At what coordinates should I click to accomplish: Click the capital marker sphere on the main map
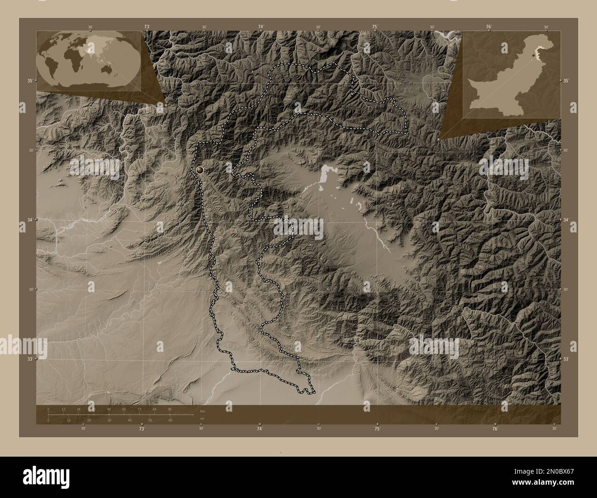click(200, 170)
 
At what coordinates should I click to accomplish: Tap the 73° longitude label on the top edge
click(147, 27)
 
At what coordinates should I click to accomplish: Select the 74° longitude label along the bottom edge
click(259, 429)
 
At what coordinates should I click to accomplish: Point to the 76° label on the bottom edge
click(495, 429)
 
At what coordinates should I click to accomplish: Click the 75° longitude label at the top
click(375, 27)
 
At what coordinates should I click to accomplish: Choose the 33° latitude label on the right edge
click(566, 359)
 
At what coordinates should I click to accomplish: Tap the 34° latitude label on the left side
click(29, 220)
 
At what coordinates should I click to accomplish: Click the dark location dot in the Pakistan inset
click(533, 55)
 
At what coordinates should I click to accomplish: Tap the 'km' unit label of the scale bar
click(203, 411)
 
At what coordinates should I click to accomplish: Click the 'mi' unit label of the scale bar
click(202, 419)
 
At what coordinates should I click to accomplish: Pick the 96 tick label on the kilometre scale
click(169, 409)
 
